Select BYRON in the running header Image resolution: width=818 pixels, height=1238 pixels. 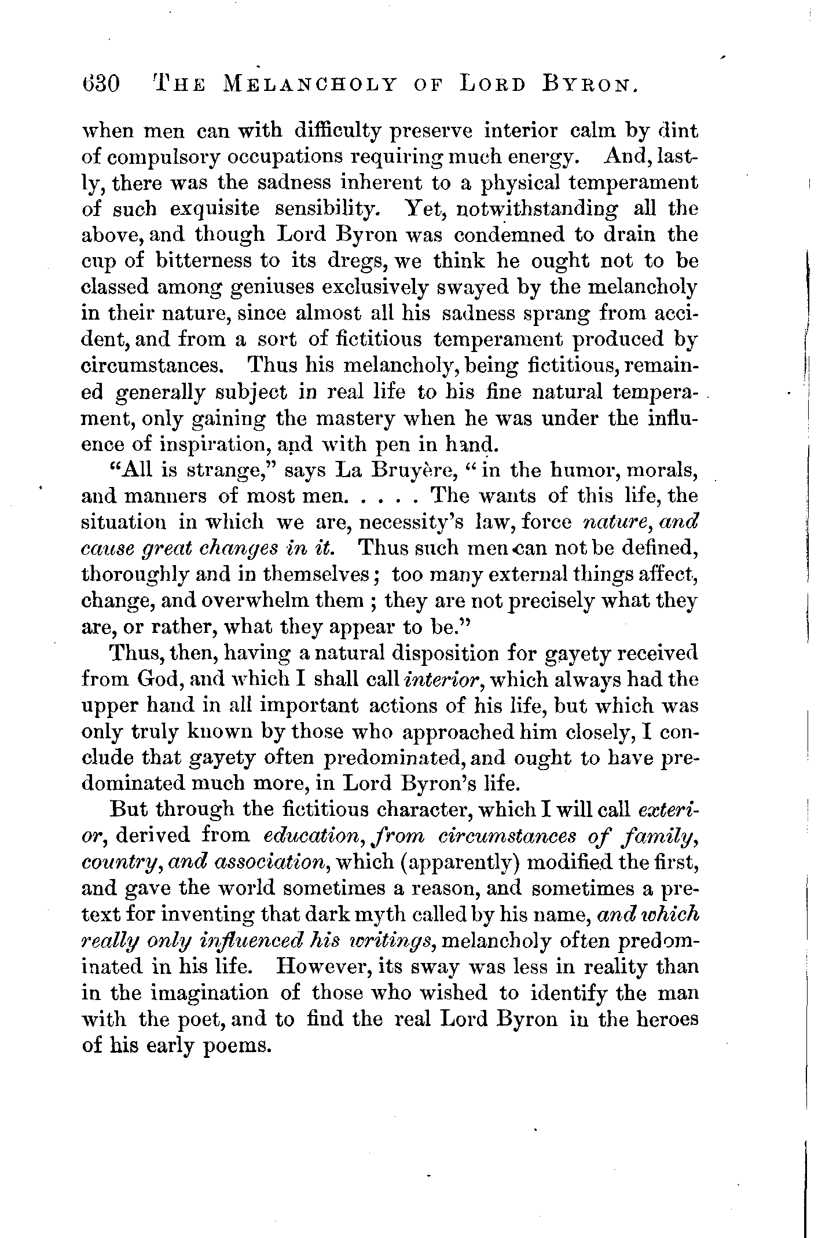[x=591, y=85]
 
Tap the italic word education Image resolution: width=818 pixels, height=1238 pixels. [x=301, y=837]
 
